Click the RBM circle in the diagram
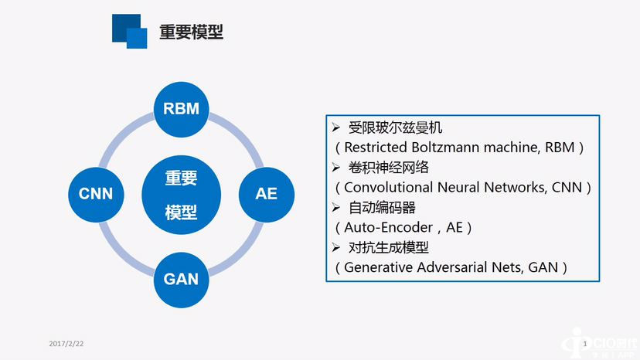(x=181, y=109)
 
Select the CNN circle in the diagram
(x=96, y=193)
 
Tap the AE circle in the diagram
(x=266, y=193)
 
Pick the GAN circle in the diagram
(x=181, y=278)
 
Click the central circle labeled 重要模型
(x=181, y=194)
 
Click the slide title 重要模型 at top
(x=191, y=32)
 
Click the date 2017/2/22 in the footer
(x=65, y=342)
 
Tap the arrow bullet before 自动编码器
(x=335, y=207)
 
